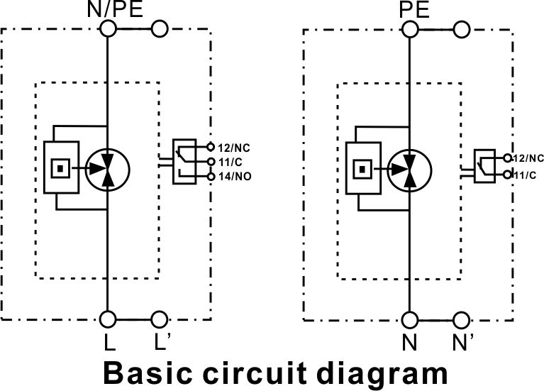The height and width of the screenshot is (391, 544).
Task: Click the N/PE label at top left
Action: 115,9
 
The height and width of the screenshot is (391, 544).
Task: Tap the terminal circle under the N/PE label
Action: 108,28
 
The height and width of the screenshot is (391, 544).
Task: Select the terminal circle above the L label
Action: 108,319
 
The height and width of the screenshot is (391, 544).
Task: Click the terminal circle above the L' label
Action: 160,319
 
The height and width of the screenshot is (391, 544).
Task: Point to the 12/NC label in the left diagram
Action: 234,148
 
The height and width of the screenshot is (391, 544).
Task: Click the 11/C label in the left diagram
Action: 231,163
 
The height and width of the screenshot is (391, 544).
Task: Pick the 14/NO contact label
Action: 235,177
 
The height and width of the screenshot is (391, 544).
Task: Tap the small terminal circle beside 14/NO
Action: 211,177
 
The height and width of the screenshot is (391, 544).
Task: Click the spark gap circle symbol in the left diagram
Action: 108,170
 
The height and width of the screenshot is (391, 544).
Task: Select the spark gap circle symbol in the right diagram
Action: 409,170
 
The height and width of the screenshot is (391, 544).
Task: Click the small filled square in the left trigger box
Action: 60,168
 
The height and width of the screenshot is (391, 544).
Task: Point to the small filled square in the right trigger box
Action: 362,170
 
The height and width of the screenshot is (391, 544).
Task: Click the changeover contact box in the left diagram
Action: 184,162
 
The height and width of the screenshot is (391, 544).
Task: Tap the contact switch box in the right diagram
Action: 484,166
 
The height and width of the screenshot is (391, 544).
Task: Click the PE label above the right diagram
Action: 414,9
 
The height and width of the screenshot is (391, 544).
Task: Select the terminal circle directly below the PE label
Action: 410,30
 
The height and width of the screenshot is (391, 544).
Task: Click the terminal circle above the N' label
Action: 462,320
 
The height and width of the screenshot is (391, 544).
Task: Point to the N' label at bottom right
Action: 463,342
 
